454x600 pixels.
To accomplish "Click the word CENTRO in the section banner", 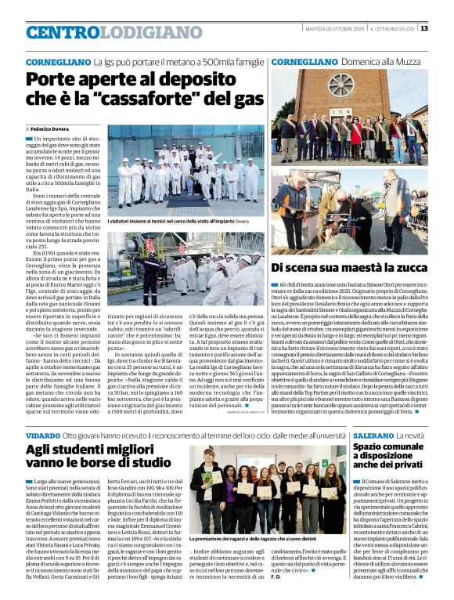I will tap(63, 33).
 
